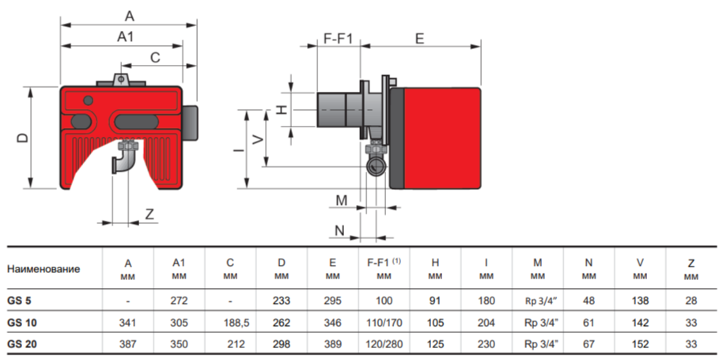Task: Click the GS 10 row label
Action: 21,323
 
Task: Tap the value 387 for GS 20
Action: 127,344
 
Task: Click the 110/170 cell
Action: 384,323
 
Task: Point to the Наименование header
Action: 44,269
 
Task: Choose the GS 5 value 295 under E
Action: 332,301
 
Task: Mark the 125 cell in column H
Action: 435,344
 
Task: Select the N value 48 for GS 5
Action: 589,301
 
